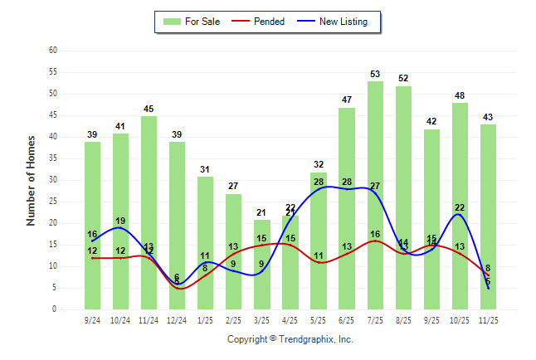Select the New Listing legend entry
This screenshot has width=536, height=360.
coord(343,22)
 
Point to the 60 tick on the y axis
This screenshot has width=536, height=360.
coord(53,51)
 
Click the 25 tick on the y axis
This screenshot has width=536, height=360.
coord(53,202)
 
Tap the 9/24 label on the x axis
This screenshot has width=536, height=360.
coord(92,319)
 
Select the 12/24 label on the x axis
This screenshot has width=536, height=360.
coord(177,319)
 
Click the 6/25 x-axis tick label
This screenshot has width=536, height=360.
coord(347,319)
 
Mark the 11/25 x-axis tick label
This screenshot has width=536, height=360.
coord(489,319)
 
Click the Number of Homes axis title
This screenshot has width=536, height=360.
coord(31,180)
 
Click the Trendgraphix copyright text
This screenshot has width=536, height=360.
coord(290,339)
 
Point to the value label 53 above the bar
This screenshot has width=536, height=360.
coord(375,75)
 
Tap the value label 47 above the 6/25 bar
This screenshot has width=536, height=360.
coord(347,100)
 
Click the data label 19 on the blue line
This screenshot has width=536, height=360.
coord(120,221)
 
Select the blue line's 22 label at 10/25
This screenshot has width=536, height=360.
coord(460,207)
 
